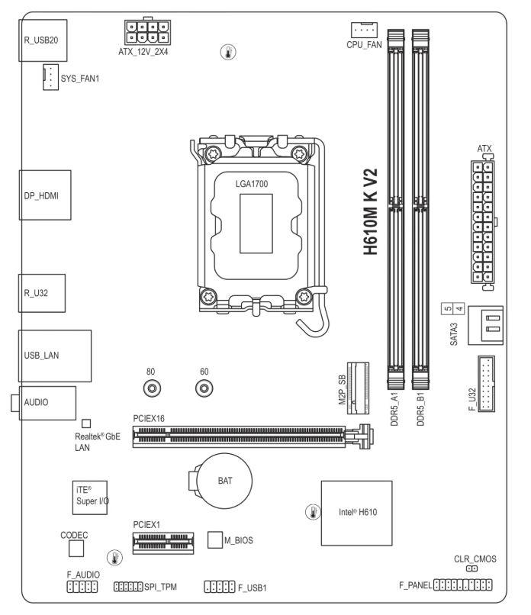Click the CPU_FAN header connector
coord(364,31)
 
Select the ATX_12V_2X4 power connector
coord(147,32)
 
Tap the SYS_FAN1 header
coord(50,77)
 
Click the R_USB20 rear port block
coord(43,40)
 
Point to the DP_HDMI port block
coord(45,195)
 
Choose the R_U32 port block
coord(41,293)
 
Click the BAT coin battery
coord(224,481)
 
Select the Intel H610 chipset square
coord(356,513)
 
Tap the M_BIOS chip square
coord(215,539)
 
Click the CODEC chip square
coord(76,549)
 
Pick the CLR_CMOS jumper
coord(471,568)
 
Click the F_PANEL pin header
coord(462,584)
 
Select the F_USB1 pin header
coord(220,587)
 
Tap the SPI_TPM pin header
coord(128,587)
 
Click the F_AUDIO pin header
coord(82,587)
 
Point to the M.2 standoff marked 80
coord(152,388)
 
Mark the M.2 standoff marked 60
coord(204,388)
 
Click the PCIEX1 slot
coord(163,543)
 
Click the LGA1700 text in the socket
coord(252,184)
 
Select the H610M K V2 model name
coord(370,212)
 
